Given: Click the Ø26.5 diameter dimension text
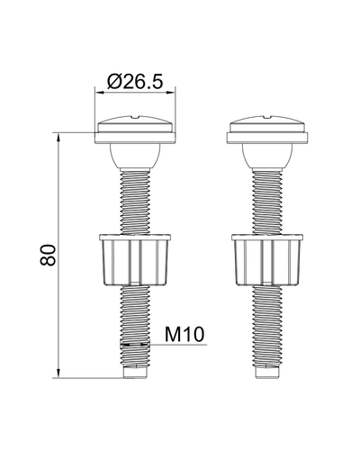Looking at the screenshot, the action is (x=135, y=81).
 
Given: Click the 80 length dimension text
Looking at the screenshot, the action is (x=48, y=255).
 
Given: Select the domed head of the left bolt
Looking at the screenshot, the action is (x=135, y=123).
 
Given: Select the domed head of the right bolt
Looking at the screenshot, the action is (x=267, y=123).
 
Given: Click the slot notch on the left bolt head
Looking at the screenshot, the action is (x=136, y=116).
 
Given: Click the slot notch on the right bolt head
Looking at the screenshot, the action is (x=268, y=116).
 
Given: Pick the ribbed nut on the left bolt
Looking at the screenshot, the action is (x=135, y=259).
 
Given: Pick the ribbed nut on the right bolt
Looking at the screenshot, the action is (x=267, y=259).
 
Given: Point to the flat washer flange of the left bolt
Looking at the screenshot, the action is (x=135, y=138).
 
